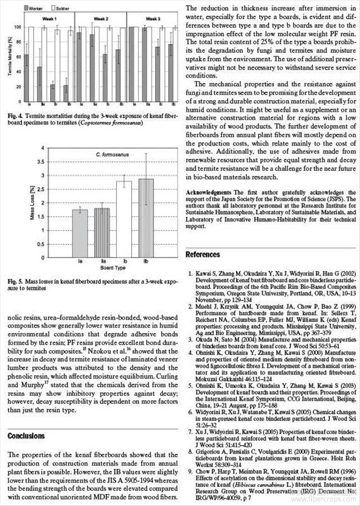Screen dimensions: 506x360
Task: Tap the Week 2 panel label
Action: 102,19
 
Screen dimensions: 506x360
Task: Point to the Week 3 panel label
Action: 151,19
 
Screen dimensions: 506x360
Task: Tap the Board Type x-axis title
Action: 112,269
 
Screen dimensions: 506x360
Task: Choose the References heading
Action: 202,255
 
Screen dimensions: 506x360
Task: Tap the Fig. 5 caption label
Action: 15,281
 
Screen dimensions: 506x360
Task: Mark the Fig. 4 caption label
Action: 15,116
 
